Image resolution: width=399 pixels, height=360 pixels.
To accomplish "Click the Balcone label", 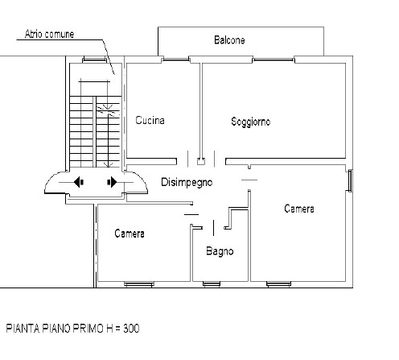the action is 229,40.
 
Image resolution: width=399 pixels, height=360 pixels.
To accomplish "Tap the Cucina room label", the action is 150,120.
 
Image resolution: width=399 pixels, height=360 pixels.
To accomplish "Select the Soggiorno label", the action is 251,122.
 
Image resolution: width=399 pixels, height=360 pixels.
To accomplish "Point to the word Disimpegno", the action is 187,182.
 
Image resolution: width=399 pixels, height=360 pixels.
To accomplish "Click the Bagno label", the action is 220,251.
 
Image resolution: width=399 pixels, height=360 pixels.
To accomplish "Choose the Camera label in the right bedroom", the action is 299,209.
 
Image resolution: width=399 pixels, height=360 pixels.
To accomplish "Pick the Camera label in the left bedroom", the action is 130,234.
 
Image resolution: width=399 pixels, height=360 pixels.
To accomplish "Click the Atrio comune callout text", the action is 49,34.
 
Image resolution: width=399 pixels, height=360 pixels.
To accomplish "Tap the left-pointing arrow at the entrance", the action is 79,182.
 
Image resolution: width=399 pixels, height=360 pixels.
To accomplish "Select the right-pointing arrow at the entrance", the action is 112,182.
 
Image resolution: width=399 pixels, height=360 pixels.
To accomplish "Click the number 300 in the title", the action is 131,329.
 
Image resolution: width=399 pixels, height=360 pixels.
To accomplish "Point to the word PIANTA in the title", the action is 23,329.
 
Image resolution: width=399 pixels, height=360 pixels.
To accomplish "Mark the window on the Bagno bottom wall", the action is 212,284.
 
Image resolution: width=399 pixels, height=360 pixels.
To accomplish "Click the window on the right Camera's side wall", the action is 350,180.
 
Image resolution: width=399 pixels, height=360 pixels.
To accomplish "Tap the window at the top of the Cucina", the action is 175,60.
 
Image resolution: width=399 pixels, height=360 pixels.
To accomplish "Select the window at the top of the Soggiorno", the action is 274,60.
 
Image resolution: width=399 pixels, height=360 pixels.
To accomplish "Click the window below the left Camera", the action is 139,284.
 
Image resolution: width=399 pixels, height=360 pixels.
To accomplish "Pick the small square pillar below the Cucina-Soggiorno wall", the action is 201,161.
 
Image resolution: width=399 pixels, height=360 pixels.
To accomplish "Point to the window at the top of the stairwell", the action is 94,60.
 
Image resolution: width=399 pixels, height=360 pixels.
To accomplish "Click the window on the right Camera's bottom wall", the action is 279,284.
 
